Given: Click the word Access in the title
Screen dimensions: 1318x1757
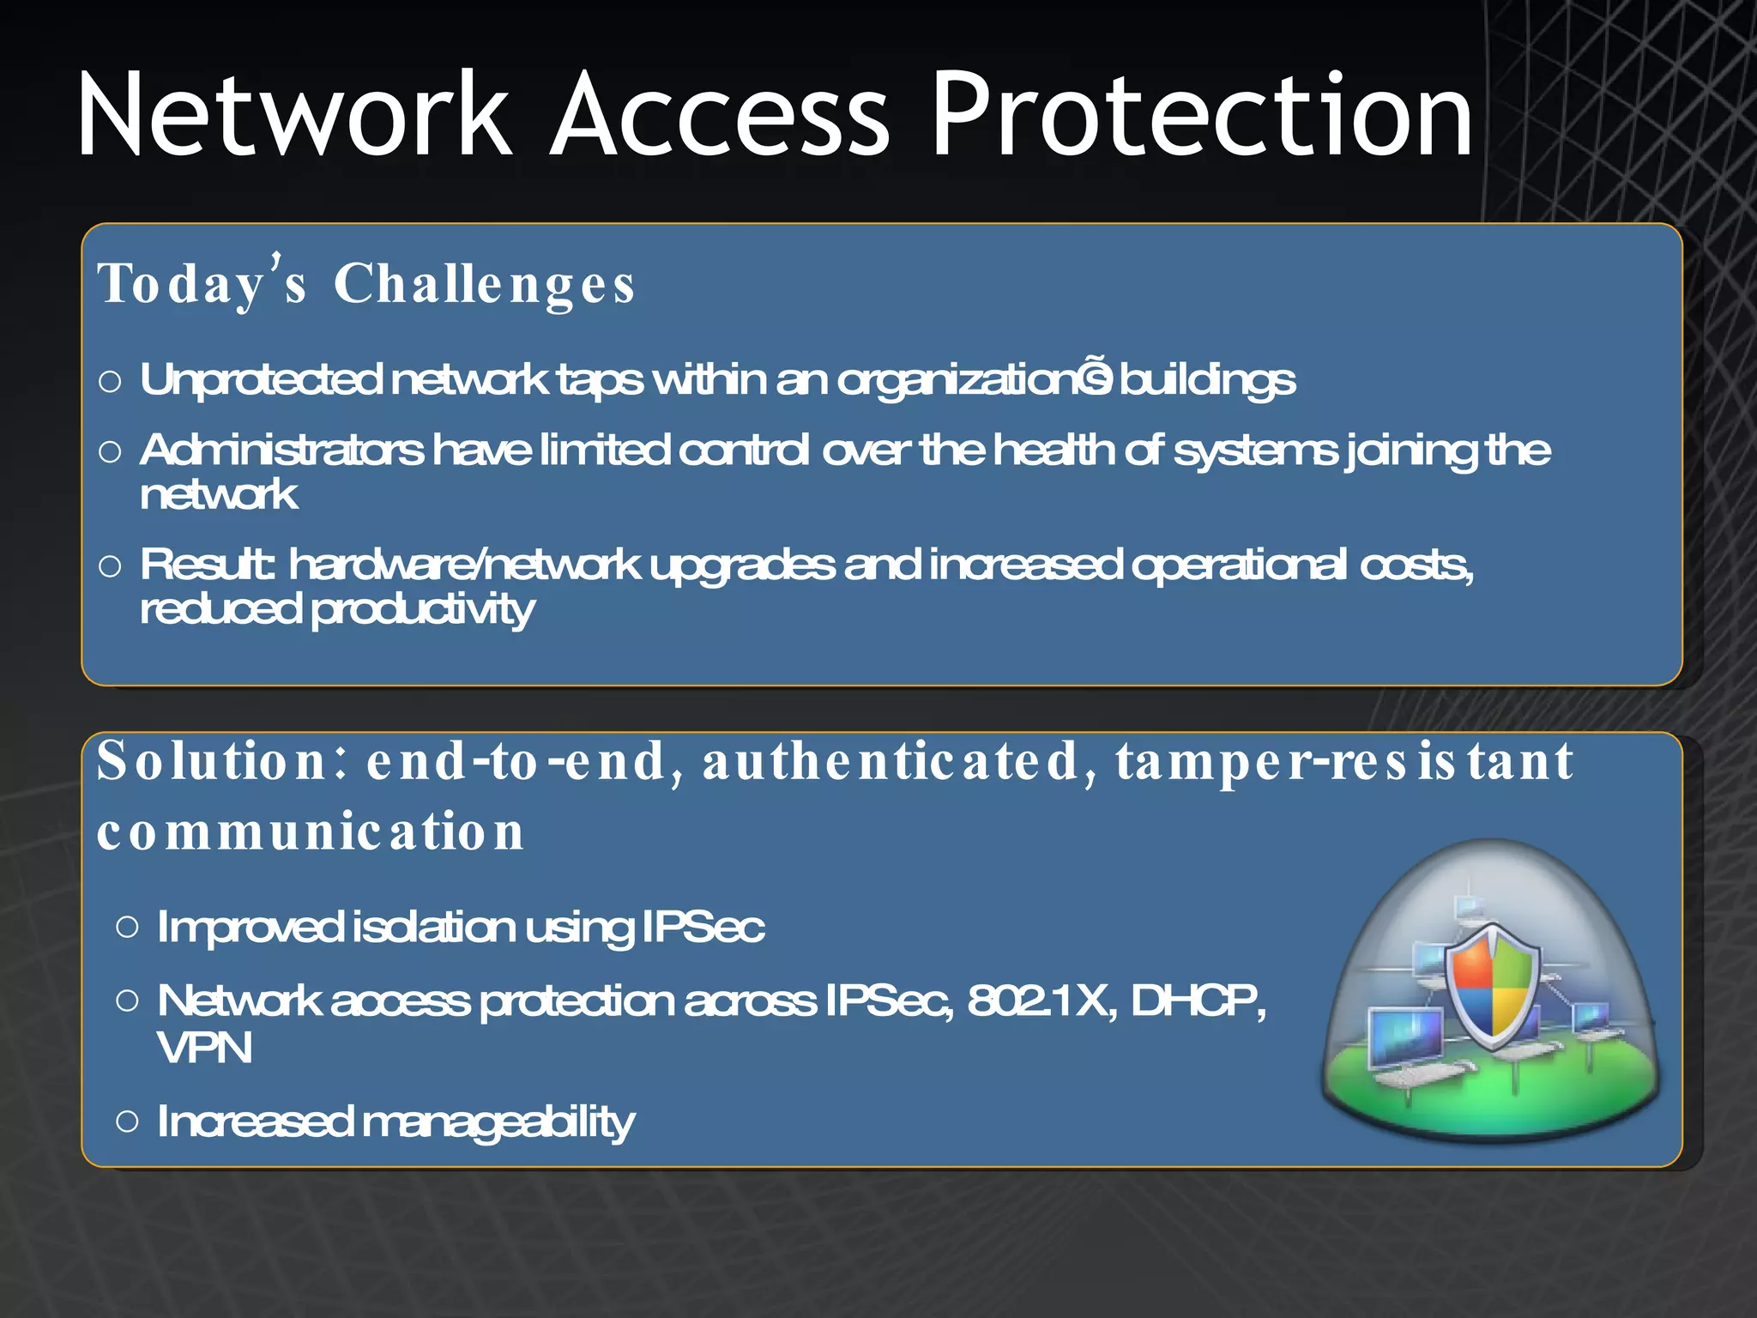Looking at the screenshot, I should (721, 116).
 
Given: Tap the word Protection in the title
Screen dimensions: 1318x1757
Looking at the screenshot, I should (1201, 116).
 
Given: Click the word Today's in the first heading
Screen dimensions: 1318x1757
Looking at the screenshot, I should (202, 283).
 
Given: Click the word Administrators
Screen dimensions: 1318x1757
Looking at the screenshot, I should (281, 450).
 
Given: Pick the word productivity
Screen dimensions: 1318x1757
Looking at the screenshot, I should (422, 610).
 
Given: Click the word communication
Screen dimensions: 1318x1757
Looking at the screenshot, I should (311, 831).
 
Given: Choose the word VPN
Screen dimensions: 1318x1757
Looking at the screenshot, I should (204, 1048).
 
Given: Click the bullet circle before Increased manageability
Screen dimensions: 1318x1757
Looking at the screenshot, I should (127, 1121).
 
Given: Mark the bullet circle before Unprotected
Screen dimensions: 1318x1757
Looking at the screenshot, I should (110, 381).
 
